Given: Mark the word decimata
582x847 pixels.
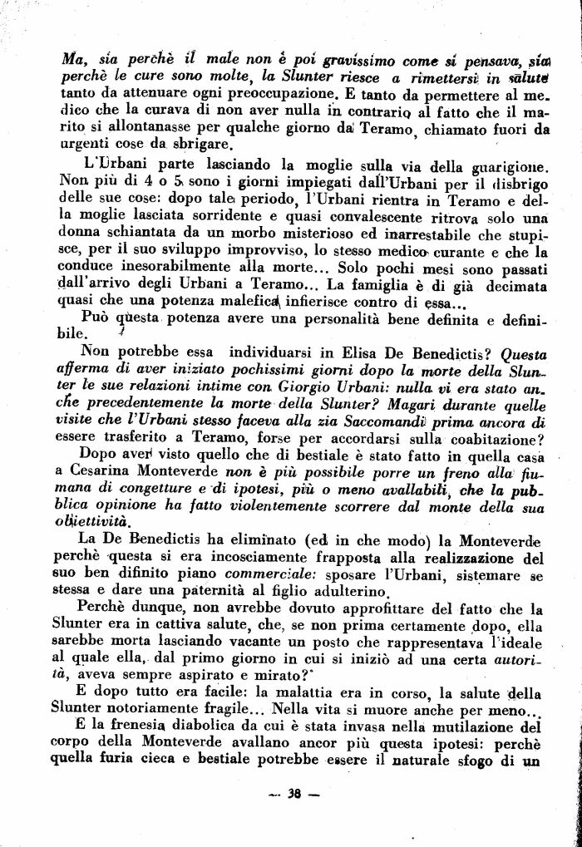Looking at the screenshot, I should point(514,287).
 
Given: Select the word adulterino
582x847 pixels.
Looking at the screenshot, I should point(349,592).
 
